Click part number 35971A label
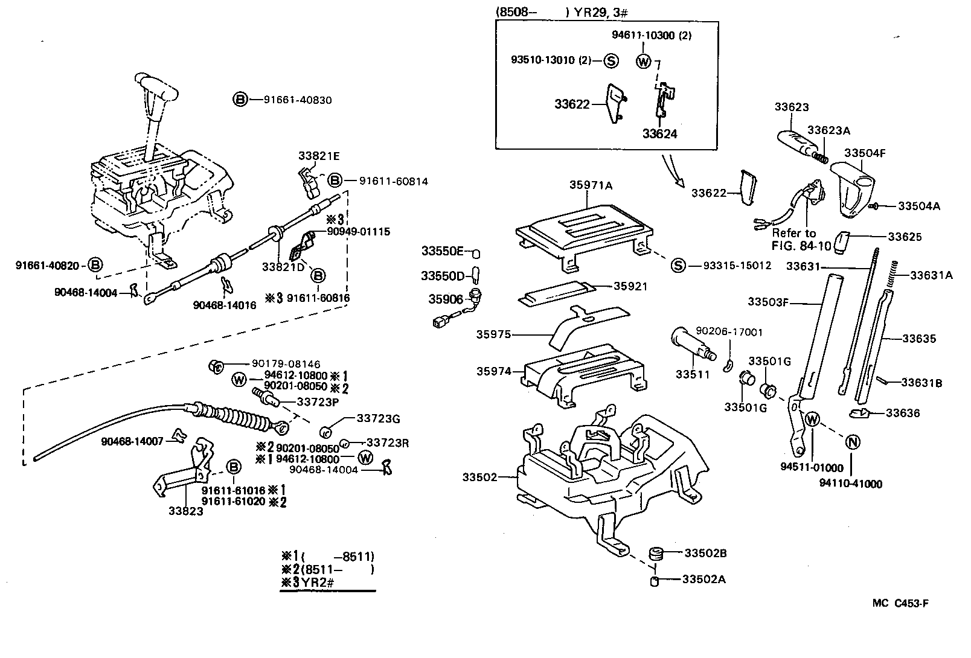[x=591, y=185]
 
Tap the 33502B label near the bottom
[x=706, y=553]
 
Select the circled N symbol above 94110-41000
[x=852, y=442]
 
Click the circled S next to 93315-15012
[x=678, y=265]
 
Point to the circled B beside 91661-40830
[x=240, y=100]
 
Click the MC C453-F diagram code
[x=900, y=603]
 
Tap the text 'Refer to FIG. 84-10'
[x=801, y=240]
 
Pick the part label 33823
[x=186, y=511]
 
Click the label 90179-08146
[x=286, y=364]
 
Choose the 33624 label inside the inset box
[x=660, y=134]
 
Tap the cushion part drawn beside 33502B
[x=656, y=554]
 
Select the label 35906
[x=446, y=299]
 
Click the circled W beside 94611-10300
[x=644, y=61]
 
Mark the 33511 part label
[x=692, y=374]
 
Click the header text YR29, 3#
[x=601, y=12]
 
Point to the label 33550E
[x=443, y=251]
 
